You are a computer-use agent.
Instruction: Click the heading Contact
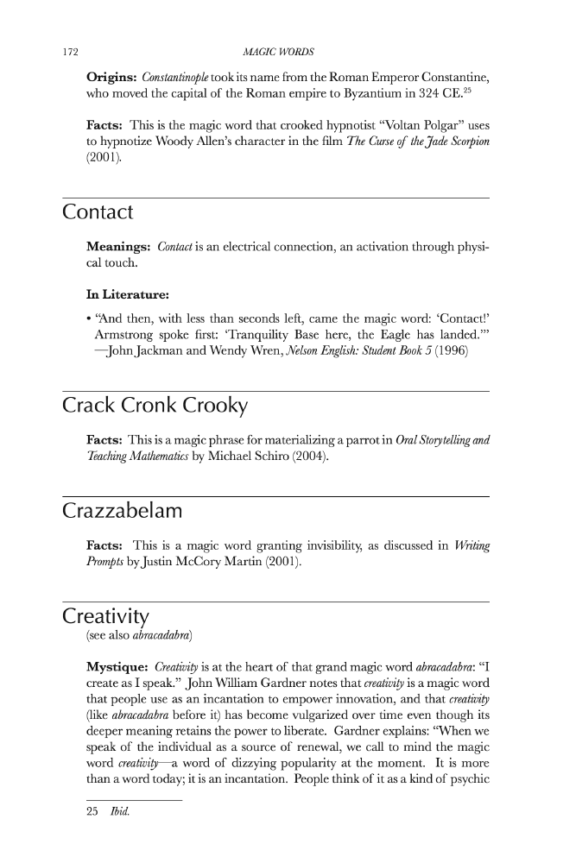[x=98, y=211]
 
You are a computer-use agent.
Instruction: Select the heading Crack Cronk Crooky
[x=155, y=406]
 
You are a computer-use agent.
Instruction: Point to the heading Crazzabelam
[x=123, y=511]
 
